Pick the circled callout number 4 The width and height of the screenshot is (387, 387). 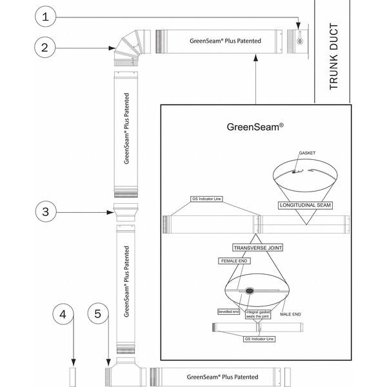pos(63,314)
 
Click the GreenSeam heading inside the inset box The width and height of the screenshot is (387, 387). pos(255,127)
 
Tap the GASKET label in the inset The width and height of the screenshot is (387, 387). pos(307,153)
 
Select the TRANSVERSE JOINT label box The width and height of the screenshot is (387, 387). pos(257,247)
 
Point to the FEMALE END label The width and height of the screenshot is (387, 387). pos(235,261)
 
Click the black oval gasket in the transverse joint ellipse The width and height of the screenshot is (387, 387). pos(248,290)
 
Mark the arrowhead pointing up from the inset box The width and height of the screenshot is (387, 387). pos(256,57)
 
